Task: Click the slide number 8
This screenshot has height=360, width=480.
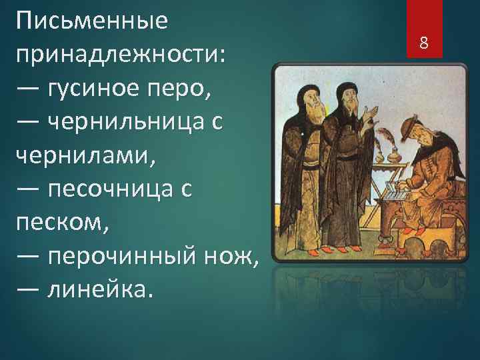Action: coord(423,44)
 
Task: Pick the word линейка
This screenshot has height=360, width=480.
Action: coord(100,290)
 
